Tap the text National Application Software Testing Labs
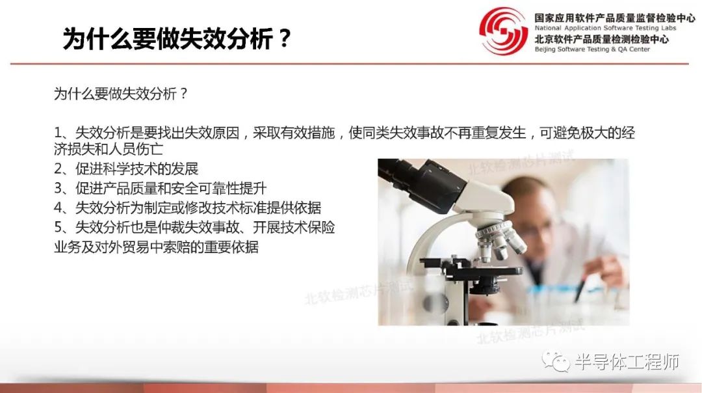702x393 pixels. (x=604, y=29)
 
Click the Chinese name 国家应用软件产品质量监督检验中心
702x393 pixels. (x=614, y=18)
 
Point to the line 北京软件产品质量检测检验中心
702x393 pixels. (x=601, y=39)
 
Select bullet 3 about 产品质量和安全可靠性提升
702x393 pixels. (x=160, y=189)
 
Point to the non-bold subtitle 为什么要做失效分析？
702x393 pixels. (x=121, y=94)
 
